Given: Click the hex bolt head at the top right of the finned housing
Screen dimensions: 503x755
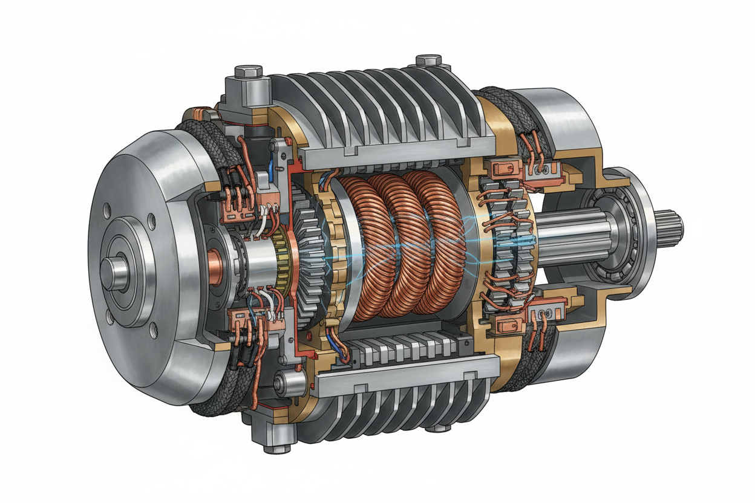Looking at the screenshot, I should coord(427,61).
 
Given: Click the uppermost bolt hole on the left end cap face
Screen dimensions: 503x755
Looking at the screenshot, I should coord(107,209).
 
